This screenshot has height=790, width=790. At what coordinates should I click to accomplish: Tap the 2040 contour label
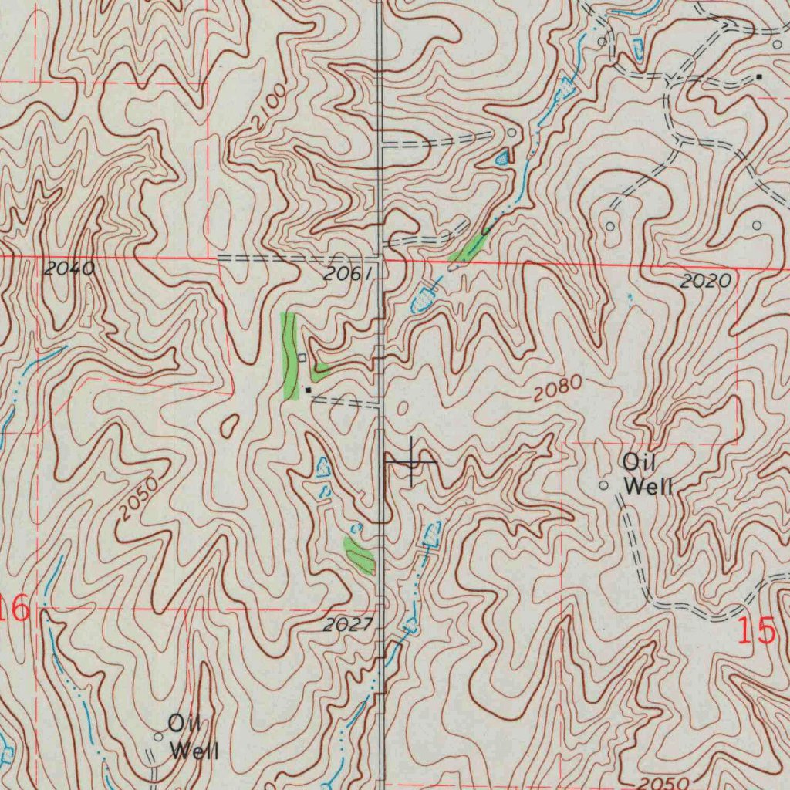(69, 269)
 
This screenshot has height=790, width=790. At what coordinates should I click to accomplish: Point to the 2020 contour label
(705, 282)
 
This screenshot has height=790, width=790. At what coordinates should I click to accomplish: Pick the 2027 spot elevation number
(348, 625)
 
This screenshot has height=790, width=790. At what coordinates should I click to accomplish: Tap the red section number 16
(15, 609)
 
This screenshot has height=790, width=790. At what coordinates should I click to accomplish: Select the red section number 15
(755, 631)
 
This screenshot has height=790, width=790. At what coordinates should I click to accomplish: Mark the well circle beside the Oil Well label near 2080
(604, 484)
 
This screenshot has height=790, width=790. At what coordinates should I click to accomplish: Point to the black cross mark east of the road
(412, 461)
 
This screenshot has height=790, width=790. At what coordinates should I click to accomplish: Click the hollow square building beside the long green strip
(302, 358)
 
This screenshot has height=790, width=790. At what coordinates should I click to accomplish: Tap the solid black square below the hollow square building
(309, 390)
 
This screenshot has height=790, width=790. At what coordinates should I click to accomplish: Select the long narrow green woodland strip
(290, 356)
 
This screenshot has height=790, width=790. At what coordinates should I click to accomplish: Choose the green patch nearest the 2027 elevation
(360, 555)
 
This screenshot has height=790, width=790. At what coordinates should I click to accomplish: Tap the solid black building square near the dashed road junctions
(759, 77)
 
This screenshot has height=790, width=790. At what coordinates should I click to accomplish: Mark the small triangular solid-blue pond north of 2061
(502, 159)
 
